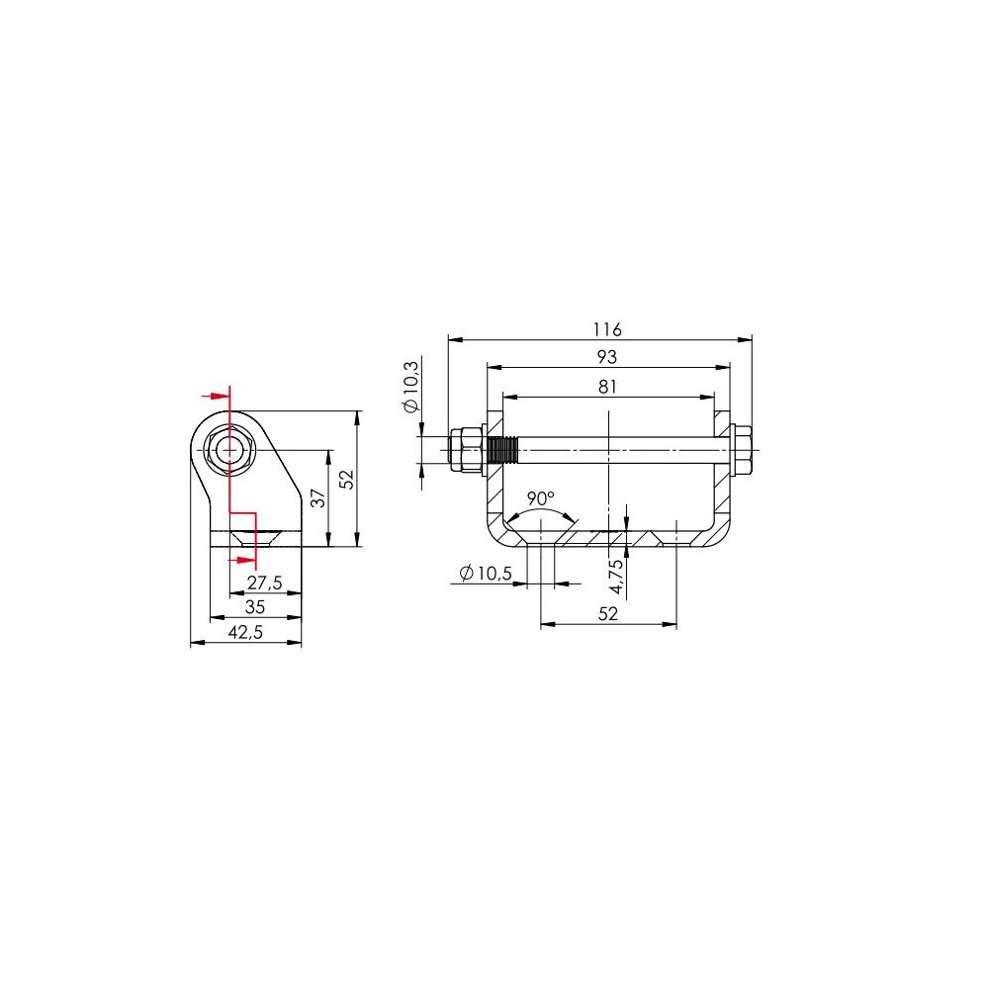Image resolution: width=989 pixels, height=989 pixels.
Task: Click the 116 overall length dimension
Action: tap(607, 329)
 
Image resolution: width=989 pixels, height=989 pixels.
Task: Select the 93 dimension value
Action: tap(607, 357)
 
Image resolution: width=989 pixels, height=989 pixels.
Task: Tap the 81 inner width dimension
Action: tap(607, 387)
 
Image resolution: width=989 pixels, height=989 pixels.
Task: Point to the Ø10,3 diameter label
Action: tap(411, 387)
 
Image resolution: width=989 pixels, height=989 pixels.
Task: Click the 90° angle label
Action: tap(541, 498)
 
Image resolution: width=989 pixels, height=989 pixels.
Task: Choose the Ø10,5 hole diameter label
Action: tap(486, 574)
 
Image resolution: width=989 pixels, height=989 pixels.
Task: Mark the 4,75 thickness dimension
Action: tap(616, 577)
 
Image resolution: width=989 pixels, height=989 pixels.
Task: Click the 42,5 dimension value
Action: tap(245, 632)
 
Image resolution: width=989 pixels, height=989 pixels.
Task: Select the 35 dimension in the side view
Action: tap(255, 607)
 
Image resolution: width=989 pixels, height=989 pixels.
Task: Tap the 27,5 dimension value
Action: tap(264, 583)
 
